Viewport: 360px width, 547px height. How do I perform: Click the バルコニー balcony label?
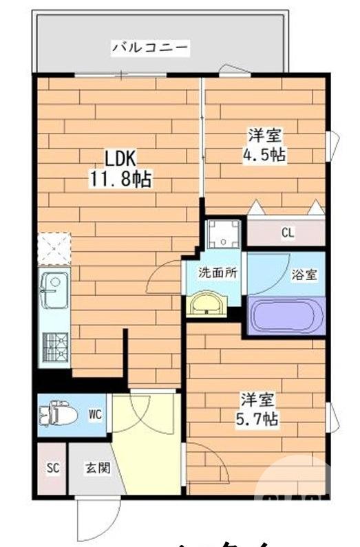tap(149, 47)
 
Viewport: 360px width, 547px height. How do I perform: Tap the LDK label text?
tap(121, 159)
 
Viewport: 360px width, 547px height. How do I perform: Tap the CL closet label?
tap(286, 233)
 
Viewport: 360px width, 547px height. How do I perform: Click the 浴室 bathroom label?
tap(304, 275)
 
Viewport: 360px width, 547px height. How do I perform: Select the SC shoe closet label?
tap(53, 468)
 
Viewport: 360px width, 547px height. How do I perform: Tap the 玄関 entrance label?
tap(94, 468)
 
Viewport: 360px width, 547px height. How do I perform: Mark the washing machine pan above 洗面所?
tap(223, 234)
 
